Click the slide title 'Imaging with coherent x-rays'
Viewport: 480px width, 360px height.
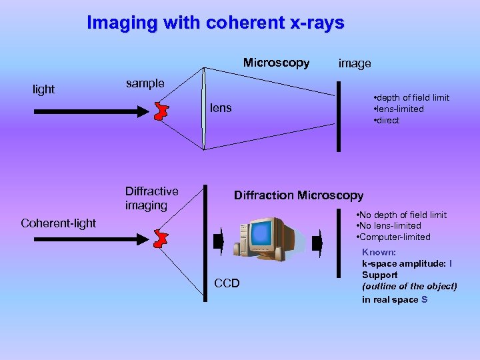point(215,23)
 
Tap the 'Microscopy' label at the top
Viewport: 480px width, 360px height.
point(276,63)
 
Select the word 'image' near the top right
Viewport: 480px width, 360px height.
point(355,64)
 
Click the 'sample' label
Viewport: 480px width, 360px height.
point(145,84)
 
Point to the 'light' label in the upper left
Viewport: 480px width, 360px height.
point(44,89)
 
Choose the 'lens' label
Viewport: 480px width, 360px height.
point(221,107)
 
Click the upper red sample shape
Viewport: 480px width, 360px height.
point(160,111)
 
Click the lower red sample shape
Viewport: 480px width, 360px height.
point(160,238)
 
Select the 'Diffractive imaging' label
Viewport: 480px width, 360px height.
point(151,199)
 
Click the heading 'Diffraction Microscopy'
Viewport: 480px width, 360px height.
point(298,195)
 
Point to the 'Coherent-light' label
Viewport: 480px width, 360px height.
point(59,223)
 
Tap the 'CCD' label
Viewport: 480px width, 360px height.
point(228,284)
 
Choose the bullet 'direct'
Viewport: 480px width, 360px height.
point(387,121)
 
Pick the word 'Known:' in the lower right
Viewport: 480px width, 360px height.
point(379,253)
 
